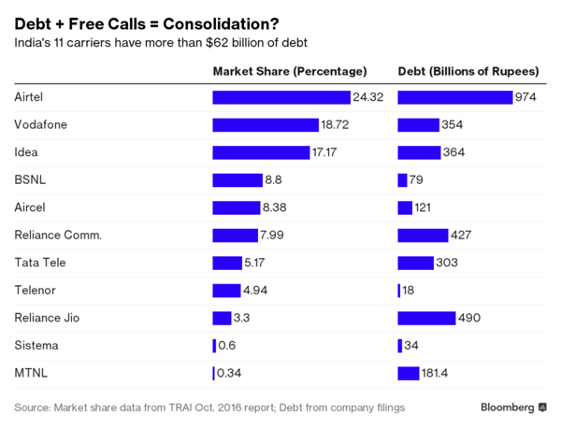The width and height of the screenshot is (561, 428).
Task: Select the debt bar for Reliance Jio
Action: [426, 318]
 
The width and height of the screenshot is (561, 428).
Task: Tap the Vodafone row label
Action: [41, 124]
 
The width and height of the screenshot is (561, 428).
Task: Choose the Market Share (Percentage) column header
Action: [289, 71]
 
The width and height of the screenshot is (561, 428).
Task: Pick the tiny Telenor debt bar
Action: [399, 291]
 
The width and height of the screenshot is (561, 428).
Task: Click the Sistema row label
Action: [36, 346]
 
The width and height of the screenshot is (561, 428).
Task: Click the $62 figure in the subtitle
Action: [203, 42]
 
